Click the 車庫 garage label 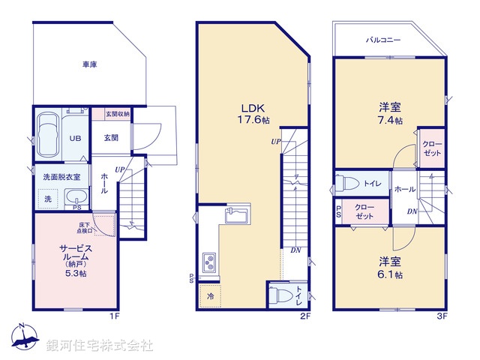pos(89,65)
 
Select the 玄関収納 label pos(117,114)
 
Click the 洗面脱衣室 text pos(61,176)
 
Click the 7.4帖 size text pos(389,120)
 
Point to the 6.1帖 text pos(389,275)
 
